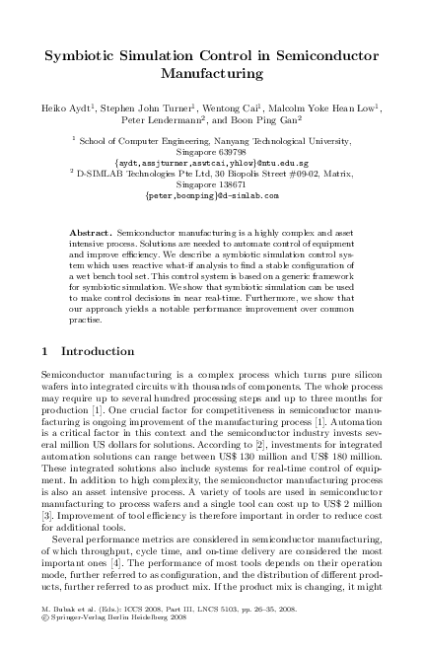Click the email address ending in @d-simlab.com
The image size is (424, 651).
211,195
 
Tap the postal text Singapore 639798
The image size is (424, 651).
211,152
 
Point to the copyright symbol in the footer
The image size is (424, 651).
48,628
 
